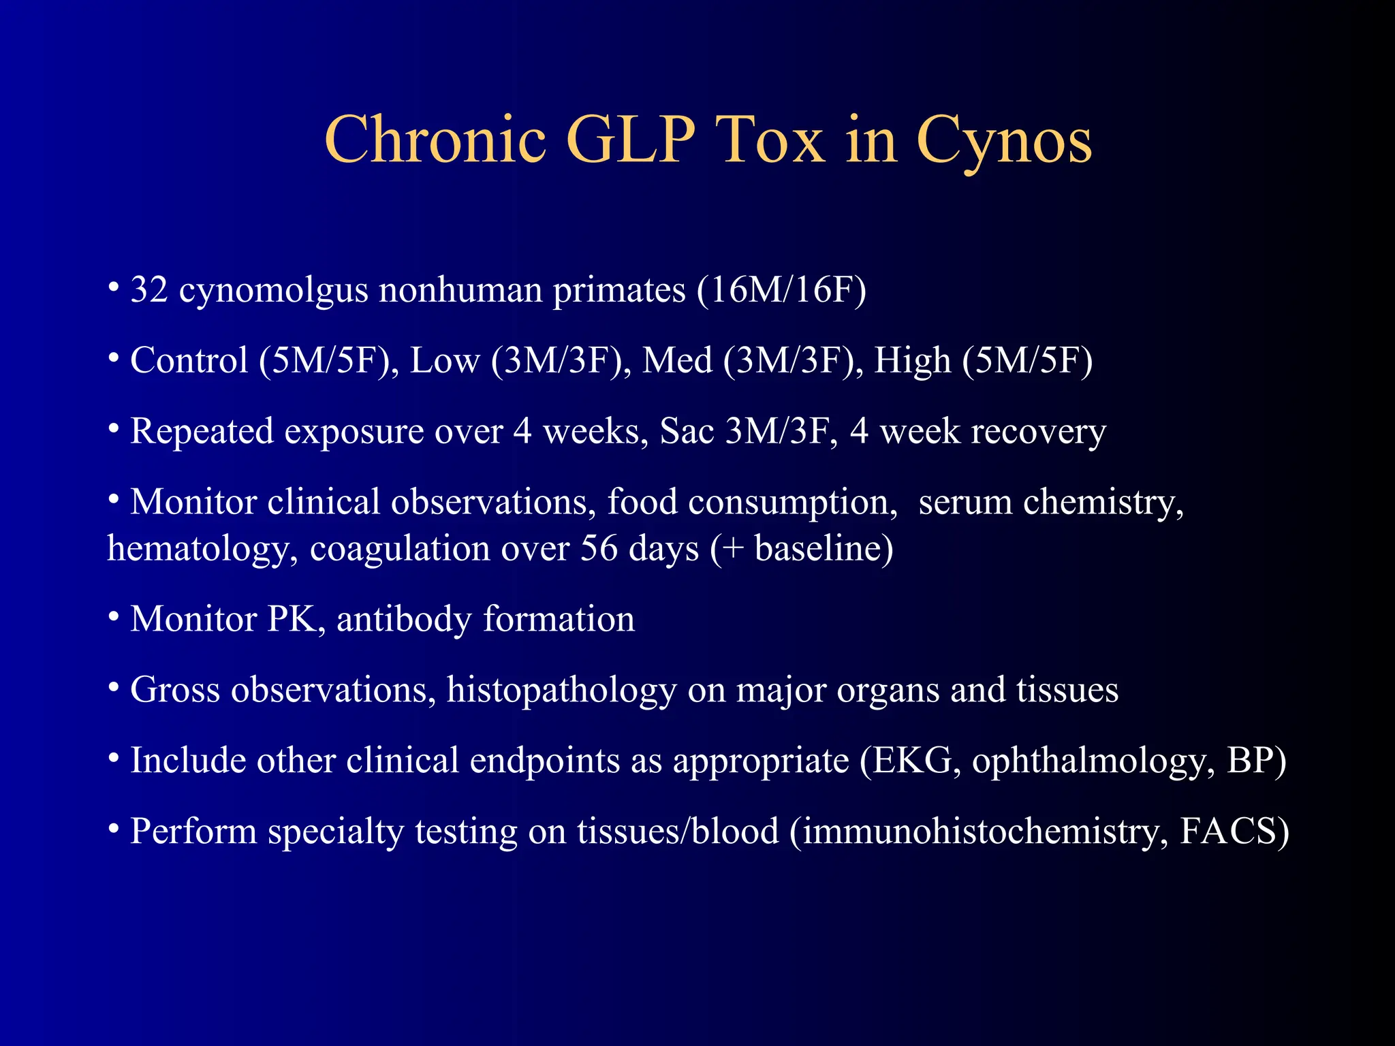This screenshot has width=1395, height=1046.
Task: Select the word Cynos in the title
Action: [1004, 142]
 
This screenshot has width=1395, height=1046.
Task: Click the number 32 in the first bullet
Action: [149, 289]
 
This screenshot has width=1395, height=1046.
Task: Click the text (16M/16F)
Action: [781, 290]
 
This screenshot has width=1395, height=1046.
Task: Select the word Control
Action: [189, 360]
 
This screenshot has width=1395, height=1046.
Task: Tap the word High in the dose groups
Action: [912, 361]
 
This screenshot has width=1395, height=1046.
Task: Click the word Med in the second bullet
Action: [676, 360]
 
